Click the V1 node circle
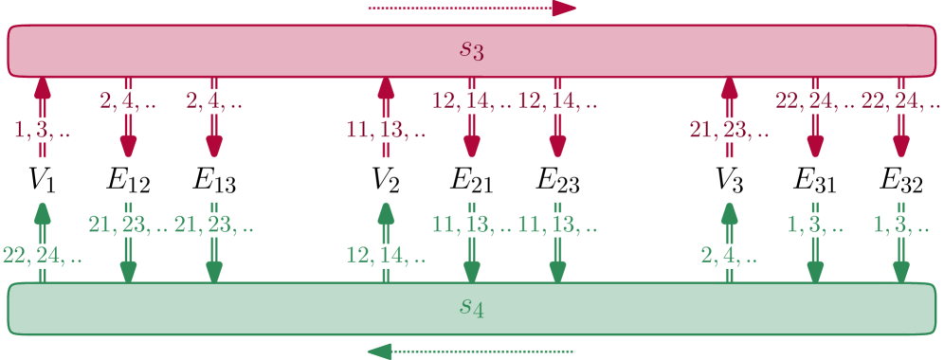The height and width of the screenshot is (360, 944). [x=42, y=180]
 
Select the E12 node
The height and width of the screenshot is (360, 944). [x=128, y=180]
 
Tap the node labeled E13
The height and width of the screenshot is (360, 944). [x=214, y=180]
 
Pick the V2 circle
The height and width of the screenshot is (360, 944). [x=386, y=180]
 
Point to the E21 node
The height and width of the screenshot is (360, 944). [x=471, y=180]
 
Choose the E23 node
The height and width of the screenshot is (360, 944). [x=557, y=180]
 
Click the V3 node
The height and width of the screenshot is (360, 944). [x=729, y=180]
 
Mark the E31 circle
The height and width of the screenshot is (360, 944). [x=815, y=180]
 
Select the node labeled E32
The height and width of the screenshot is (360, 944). [x=900, y=180]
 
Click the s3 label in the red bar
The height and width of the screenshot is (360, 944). [x=472, y=49]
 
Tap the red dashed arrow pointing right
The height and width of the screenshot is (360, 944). [x=471, y=9]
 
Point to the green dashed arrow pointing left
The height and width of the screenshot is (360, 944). [x=471, y=351]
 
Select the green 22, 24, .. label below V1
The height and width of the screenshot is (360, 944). [x=43, y=255]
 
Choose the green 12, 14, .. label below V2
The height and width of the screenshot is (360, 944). [x=388, y=255]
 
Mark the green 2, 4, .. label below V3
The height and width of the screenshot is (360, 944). [x=731, y=255]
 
